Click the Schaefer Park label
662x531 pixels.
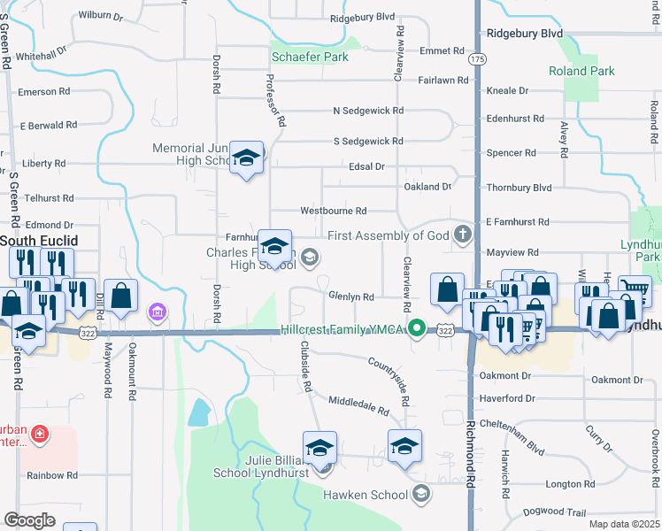point(310,57)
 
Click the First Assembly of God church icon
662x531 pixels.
point(461,235)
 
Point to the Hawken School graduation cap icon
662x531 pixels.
point(420,494)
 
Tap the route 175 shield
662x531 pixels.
point(478,58)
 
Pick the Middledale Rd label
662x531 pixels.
point(358,406)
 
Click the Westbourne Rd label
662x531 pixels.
point(333,211)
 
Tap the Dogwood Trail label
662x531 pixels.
point(555,512)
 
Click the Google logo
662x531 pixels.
point(30,520)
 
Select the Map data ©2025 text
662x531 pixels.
point(624,524)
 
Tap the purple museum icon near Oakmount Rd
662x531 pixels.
point(157,312)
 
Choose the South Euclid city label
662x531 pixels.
point(38,241)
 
